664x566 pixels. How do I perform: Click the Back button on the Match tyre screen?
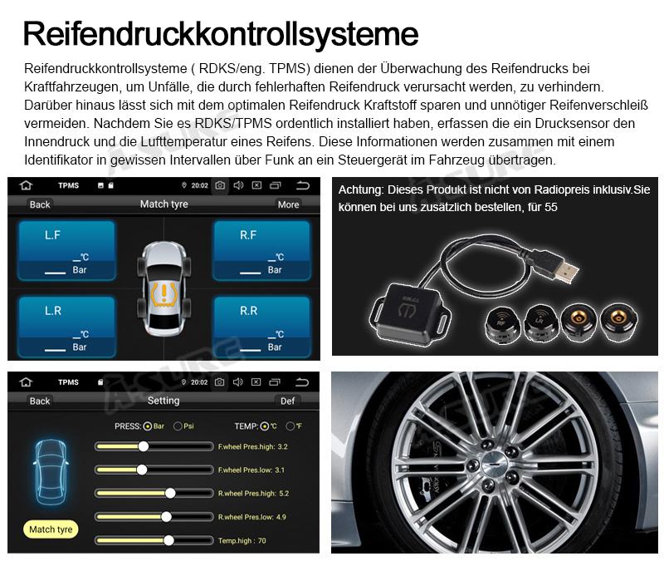[40, 204]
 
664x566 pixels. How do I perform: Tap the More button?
[288, 204]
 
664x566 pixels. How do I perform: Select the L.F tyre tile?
[66, 250]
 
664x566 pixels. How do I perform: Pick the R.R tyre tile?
[261, 327]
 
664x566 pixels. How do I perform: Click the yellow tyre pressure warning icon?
[164, 295]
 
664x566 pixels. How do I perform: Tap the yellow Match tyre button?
[51, 529]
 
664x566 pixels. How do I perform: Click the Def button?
[287, 401]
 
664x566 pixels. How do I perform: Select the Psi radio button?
[178, 426]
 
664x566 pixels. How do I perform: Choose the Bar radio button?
[148, 426]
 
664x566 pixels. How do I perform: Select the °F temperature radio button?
[290, 426]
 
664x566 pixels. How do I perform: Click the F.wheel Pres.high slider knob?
[144, 446]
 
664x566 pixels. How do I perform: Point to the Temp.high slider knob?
[168, 540]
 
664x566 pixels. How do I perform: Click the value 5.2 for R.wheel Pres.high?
[284, 494]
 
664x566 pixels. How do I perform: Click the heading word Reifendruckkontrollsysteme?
[221, 33]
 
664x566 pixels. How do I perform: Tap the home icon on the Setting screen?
[27, 382]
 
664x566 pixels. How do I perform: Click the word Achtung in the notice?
[361, 190]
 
